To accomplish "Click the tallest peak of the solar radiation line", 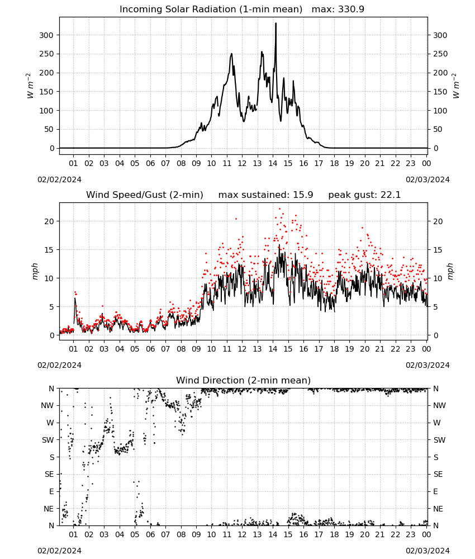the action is [275, 23].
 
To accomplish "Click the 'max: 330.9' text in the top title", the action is [338, 9].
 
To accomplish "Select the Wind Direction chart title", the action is [244, 380].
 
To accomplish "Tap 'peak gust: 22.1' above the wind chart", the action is [364, 195].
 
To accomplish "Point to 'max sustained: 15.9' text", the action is [265, 195].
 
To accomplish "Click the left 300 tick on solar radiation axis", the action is [46, 35].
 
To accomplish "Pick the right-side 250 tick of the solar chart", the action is [440, 54].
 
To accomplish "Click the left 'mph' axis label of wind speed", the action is [35, 272].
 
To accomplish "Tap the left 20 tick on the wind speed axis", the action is [49, 221].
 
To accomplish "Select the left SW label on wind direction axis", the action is [48, 440].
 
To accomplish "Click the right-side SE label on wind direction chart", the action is [438, 474].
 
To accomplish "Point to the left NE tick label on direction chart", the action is [49, 509].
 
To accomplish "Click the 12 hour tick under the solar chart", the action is [242, 163].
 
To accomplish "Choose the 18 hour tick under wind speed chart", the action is [334, 349].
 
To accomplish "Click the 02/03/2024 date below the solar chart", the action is [427, 179].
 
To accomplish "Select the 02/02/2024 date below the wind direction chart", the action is [59, 551].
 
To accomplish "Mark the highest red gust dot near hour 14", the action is [280, 209].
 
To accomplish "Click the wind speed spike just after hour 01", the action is [75, 299].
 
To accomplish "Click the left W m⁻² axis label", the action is [30, 86].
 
